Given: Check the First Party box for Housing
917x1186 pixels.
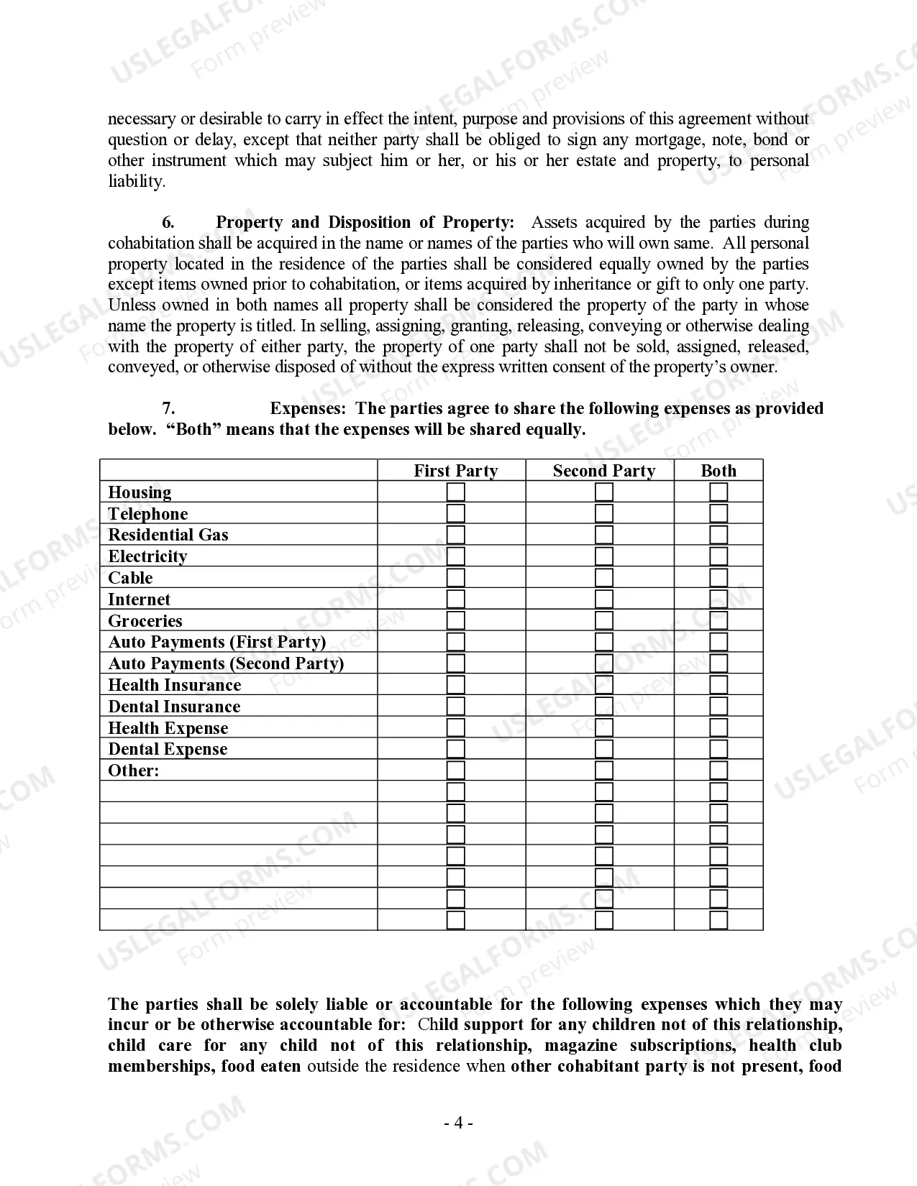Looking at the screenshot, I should pos(455,492).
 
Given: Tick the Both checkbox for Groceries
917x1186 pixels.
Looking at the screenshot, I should pos(718,621).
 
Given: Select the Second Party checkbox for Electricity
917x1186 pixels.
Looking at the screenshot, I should pos(604,556).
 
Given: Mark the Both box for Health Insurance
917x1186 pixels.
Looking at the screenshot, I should pos(718,685).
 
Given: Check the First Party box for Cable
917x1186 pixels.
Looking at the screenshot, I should pos(455,578).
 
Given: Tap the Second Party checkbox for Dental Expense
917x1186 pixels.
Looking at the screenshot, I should pos(604,749).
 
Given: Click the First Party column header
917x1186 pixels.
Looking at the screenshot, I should pos(455,471).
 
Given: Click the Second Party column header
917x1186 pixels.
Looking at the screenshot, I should pos(603,471).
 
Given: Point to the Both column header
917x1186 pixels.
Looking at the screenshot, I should pos(718,471).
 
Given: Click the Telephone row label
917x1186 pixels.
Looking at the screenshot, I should pos(147,514).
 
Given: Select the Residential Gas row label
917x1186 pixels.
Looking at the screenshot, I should pos(168,535).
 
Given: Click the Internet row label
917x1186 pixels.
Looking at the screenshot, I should pos(139,599).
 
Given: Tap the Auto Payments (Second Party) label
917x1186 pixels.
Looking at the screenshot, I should pos(226,663).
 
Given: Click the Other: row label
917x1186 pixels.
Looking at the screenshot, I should pos(133,771).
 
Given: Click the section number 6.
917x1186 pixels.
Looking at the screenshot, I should pos(168,222).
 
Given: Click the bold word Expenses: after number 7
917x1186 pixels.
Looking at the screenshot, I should pos(309,408).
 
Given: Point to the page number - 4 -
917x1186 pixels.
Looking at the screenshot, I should pos(458,1123).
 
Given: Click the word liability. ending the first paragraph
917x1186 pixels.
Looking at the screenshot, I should pos(137,181).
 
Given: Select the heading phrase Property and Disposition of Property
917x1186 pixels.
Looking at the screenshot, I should pos(365,222).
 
